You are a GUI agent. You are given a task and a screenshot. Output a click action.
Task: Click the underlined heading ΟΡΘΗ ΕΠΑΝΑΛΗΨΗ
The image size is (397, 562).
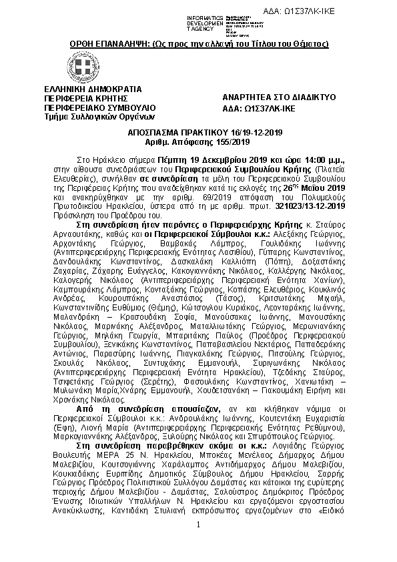pos(198,43)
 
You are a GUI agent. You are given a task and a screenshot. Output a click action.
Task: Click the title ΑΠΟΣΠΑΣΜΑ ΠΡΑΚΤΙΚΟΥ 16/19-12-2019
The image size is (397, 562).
pos(198,133)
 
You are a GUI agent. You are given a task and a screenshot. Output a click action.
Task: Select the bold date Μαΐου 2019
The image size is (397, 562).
pos(326,188)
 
